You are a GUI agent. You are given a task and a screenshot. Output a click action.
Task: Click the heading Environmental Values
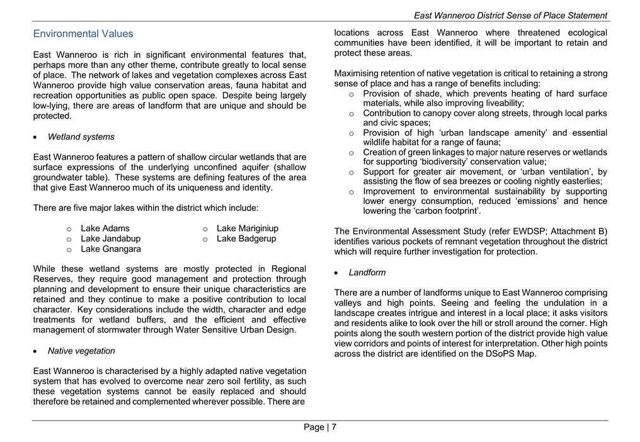pyautogui.click(x=83, y=34)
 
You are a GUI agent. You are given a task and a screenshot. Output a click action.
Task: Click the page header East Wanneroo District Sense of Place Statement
pyautogui.click(x=510, y=15)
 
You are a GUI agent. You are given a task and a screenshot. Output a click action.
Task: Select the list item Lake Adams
pyautogui.click(x=105, y=229)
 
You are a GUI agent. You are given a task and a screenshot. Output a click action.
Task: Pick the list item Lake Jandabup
pyautogui.click(x=110, y=239)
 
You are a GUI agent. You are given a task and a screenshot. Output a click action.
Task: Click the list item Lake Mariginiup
pyautogui.click(x=247, y=229)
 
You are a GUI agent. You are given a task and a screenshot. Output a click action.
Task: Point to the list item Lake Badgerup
pyautogui.click(x=246, y=239)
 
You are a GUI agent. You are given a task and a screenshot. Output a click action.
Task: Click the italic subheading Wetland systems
pyautogui.click(x=81, y=137)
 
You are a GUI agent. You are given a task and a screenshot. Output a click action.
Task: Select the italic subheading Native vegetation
pyautogui.click(x=81, y=351)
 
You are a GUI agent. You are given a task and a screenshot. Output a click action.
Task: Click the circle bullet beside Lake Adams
pyautogui.click(x=69, y=229)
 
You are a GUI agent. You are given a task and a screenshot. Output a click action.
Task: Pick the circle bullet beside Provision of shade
pyautogui.click(x=351, y=94)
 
